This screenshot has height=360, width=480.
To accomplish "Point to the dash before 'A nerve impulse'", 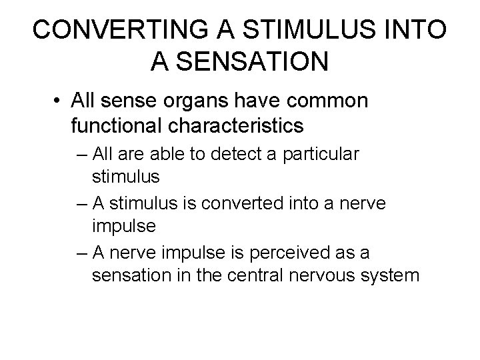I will click(x=81, y=252).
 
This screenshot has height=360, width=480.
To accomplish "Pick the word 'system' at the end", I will click(x=393, y=275).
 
